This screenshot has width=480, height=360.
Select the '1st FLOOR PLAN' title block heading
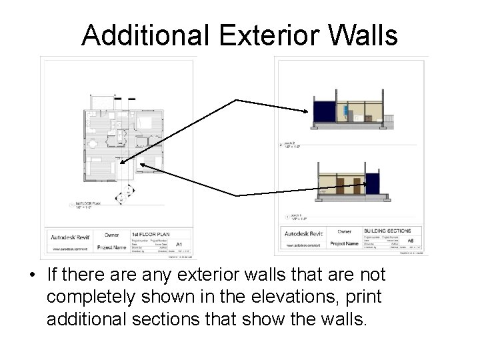coord(150,235)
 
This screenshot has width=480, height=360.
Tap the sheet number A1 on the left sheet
coord(178,245)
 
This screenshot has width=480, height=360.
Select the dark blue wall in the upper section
coord(323,111)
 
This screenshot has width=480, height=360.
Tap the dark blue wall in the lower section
coord(372,183)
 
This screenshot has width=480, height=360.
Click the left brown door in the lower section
coord(340,186)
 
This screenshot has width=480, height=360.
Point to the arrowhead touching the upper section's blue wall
coord(307,111)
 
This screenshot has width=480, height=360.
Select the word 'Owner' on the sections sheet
coord(344,231)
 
